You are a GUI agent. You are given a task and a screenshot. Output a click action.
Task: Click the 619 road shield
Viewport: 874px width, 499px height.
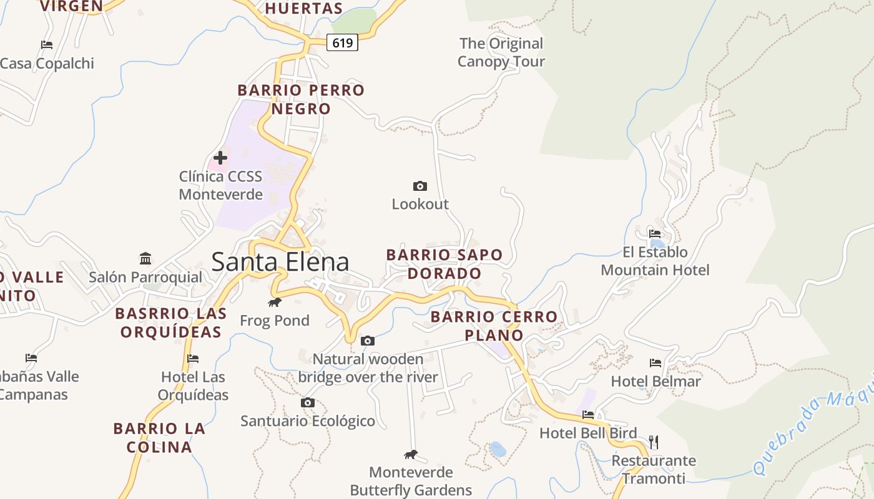tap(343, 43)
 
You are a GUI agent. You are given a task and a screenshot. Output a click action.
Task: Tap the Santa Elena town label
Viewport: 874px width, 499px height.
tap(280, 261)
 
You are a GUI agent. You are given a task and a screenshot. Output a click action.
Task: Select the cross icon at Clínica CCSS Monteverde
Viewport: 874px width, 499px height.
tap(220, 158)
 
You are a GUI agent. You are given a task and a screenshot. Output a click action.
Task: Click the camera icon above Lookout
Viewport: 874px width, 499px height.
tap(420, 186)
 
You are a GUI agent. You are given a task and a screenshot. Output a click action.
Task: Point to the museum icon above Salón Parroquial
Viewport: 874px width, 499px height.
tap(145, 258)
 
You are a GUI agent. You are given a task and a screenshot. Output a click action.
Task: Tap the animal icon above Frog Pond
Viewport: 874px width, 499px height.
tap(275, 303)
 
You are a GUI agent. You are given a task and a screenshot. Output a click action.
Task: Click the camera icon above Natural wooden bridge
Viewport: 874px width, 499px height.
tap(368, 341)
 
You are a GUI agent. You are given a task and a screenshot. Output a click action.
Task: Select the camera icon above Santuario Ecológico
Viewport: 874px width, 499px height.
tap(308, 402)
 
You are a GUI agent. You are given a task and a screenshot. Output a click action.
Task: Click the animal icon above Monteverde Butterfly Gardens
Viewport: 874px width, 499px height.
tap(411, 454)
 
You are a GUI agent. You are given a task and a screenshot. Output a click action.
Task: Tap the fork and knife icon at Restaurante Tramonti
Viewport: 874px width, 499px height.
tap(654, 442)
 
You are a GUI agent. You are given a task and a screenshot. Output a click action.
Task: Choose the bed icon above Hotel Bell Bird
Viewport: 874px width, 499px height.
tap(588, 414)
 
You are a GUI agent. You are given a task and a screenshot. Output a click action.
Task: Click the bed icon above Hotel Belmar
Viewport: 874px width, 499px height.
tap(655, 362)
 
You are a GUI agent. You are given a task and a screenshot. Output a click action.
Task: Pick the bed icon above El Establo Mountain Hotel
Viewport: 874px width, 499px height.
tap(655, 234)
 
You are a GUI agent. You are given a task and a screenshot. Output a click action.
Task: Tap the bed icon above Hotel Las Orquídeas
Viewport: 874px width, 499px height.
tap(193, 358)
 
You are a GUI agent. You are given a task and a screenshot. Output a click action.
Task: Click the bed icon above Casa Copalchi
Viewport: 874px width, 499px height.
tap(47, 44)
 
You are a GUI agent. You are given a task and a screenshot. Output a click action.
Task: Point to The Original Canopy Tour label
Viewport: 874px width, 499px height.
tap(501, 52)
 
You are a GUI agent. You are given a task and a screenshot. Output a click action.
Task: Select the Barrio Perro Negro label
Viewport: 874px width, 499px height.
tap(301, 99)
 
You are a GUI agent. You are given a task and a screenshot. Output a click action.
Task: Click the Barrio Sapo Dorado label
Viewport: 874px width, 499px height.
tap(444, 264)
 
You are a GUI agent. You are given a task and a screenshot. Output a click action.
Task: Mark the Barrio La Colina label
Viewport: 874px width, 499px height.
tap(159, 438)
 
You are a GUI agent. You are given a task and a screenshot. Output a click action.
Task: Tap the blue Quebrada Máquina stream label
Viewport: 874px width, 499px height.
tap(812, 430)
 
